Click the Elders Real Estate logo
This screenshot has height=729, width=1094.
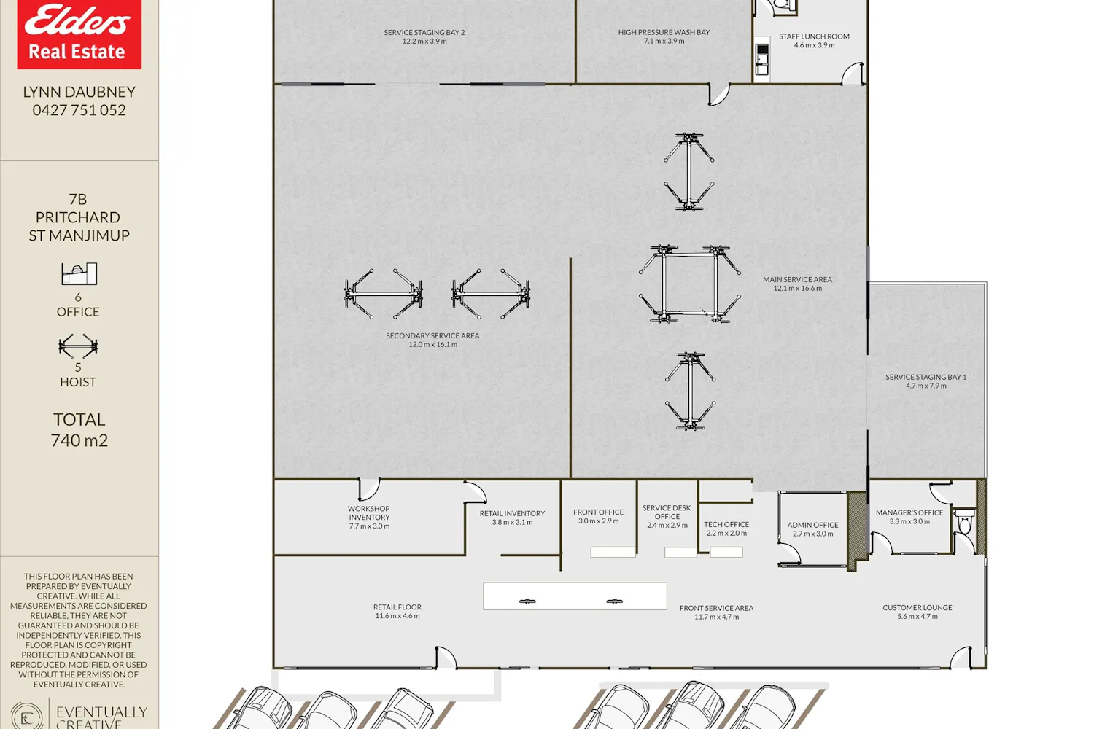coord(79,34)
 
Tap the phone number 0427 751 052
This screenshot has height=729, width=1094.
coord(79,110)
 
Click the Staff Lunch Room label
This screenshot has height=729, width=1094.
coord(814,41)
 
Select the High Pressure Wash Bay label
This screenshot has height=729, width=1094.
coord(664,36)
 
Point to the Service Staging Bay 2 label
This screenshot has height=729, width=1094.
coord(424,36)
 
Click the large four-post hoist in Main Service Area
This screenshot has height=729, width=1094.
coord(690,284)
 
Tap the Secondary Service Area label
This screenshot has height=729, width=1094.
coord(432,340)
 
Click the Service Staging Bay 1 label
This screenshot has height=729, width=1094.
coord(926,381)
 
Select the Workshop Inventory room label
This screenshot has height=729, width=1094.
coord(369,517)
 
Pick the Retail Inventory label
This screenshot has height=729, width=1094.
coord(512,518)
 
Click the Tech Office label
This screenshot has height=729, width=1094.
coord(726,529)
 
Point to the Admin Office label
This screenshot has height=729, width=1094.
coord(812,529)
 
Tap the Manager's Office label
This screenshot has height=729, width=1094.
coord(909,517)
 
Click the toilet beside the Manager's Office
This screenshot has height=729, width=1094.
coord(965,521)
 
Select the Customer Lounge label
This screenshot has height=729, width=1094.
coord(918,612)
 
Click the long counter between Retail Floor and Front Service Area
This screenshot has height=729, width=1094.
coord(575,596)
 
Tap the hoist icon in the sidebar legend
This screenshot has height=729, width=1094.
coord(78,346)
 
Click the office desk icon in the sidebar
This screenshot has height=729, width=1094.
coord(79,273)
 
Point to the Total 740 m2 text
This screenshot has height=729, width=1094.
coord(79,429)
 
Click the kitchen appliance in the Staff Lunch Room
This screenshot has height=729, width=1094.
coord(762,59)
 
